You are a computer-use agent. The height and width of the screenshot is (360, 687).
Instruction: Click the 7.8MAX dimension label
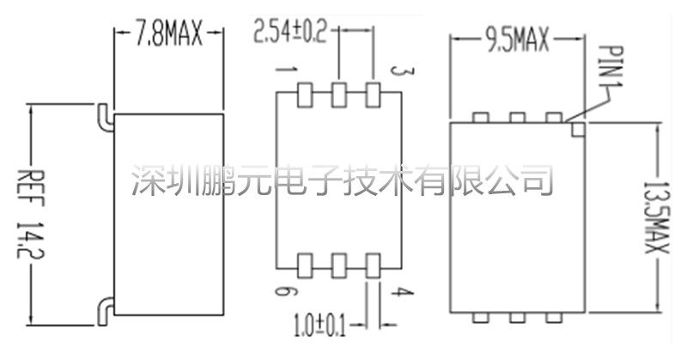click(168, 35)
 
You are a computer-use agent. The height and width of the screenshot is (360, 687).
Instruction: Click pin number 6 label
click(281, 293)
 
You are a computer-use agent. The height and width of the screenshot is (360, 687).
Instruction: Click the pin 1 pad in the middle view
click(305, 94)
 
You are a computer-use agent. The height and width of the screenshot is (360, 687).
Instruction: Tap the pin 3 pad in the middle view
click(373, 94)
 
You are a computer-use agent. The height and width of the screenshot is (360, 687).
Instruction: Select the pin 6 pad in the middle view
click(305, 263)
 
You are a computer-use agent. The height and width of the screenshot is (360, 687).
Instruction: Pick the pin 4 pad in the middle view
click(373, 263)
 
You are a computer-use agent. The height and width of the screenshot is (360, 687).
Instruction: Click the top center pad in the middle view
click(338, 94)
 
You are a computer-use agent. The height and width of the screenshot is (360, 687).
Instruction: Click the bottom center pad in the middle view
click(338, 263)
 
